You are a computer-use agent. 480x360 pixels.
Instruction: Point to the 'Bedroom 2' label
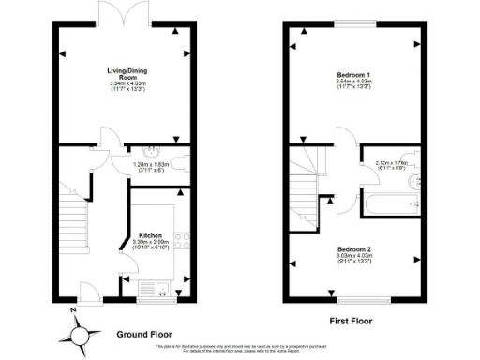pos(354,249)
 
